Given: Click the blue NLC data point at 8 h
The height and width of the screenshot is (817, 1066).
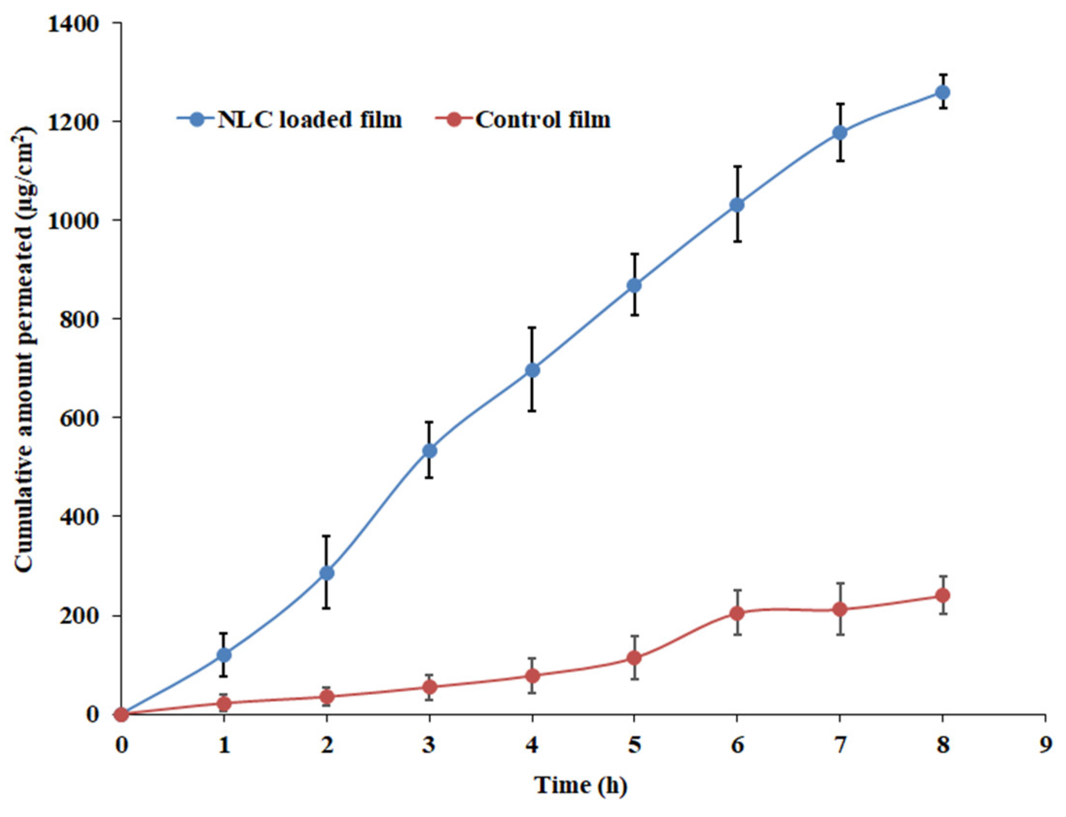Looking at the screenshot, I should click(x=942, y=92).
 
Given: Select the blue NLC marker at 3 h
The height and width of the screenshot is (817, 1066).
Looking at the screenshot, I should click(x=429, y=451).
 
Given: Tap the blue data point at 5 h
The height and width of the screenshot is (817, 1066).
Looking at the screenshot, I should click(x=634, y=285).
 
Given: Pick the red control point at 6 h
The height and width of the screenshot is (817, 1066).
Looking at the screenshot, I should click(x=737, y=613).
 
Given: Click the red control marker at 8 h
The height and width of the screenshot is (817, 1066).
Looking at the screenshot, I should click(x=942, y=595).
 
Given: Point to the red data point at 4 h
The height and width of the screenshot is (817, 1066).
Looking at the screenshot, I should click(x=532, y=676).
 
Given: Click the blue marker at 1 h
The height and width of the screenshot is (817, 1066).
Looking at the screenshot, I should click(x=224, y=655).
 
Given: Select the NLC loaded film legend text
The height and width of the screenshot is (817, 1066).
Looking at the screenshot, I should click(x=310, y=120).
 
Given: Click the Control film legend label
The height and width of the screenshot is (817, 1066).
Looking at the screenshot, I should click(x=543, y=120).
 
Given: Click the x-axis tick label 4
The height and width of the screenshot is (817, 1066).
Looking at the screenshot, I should click(x=532, y=745).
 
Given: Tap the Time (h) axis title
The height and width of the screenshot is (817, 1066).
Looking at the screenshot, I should click(x=582, y=785).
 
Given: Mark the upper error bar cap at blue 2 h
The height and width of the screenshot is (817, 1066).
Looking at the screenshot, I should click(x=326, y=536).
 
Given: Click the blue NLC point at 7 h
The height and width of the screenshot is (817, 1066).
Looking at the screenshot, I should click(x=840, y=132).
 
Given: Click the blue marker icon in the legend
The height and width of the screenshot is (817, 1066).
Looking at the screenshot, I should click(x=197, y=120).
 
